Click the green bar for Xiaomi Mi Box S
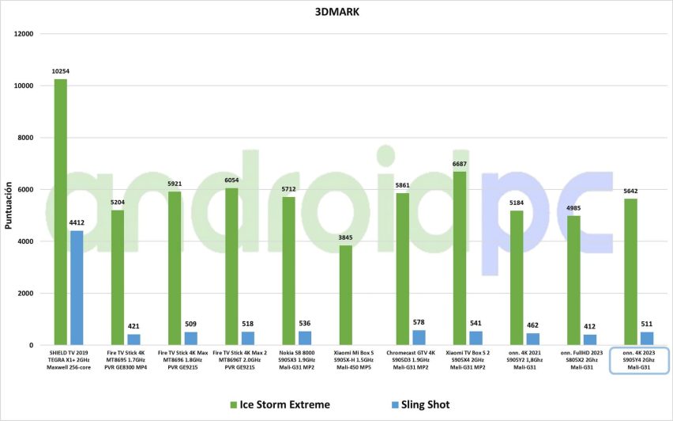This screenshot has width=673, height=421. click(346, 295)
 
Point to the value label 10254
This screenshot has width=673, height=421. click(61, 72)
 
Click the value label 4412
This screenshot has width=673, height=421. click(77, 224)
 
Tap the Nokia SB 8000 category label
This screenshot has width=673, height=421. click(296, 360)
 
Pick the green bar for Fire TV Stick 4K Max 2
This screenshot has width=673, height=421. click(231, 267)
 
